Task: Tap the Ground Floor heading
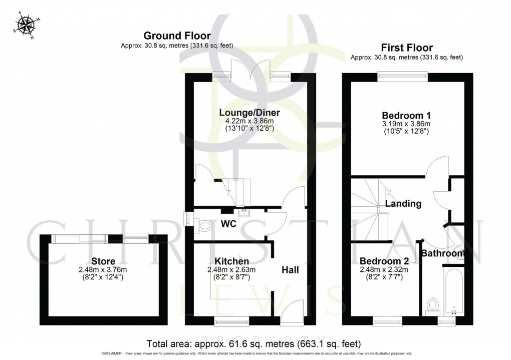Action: click(x=177, y=36)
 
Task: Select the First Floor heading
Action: click(x=406, y=48)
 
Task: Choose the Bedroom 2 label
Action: click(x=384, y=261)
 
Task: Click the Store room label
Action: click(x=103, y=261)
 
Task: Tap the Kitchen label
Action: click(x=231, y=261)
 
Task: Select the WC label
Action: click(x=230, y=222)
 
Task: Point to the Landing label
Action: click(x=403, y=204)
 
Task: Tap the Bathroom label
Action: click(x=442, y=254)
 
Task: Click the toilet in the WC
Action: click(x=205, y=227)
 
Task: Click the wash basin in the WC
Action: click(x=244, y=213)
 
